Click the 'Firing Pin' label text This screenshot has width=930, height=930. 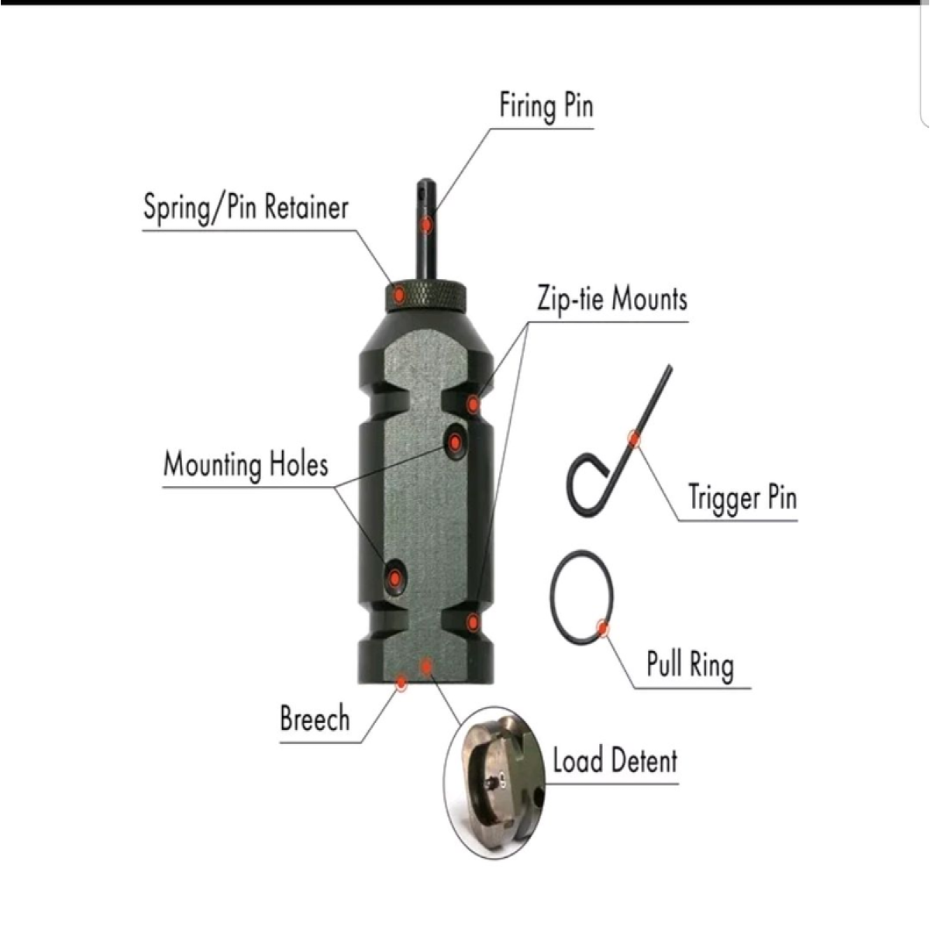[x=546, y=107]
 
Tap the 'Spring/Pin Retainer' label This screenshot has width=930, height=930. [x=246, y=208]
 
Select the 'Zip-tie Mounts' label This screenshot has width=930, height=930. [x=612, y=300]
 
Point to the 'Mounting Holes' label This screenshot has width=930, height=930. [x=246, y=464]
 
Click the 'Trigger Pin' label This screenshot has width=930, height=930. [x=742, y=498]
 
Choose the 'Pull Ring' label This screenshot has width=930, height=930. [x=691, y=664]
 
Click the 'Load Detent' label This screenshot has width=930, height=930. [x=615, y=760]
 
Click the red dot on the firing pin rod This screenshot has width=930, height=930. [x=426, y=225]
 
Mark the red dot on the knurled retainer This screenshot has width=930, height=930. [x=399, y=294]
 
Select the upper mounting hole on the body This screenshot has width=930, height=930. [x=455, y=442]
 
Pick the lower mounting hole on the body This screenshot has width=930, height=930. [x=395, y=577]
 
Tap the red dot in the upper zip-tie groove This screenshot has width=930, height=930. [x=474, y=404]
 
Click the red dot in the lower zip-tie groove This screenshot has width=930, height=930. [x=474, y=622]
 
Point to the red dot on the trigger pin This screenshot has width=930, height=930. [x=634, y=439]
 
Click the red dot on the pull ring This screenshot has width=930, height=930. [x=602, y=628]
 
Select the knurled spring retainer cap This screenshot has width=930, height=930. [x=425, y=295]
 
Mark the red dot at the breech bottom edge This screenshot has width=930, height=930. [x=401, y=683]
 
